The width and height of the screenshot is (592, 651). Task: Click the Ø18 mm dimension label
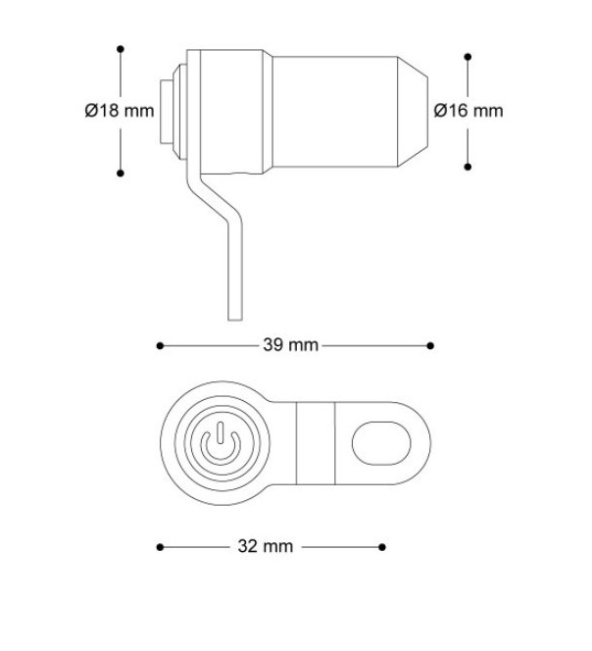119,111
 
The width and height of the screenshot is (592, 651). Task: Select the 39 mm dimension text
291,345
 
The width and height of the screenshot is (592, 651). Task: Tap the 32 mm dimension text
266,547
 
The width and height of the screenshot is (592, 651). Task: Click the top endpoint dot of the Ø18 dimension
121,47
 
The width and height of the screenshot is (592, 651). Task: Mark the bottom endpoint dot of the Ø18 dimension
121,174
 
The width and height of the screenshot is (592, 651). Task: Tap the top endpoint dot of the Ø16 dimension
468,56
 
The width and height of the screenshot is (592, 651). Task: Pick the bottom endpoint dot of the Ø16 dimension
468,164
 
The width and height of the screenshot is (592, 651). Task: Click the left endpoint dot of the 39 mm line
160,345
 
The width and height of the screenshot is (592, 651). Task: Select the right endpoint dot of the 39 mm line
431,345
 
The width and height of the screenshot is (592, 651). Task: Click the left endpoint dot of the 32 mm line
160,547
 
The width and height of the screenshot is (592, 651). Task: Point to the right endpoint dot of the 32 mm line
381,547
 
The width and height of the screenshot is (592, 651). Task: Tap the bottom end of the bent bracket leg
232,314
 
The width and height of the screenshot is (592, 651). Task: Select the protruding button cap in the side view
169,110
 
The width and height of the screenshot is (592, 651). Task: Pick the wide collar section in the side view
226,110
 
